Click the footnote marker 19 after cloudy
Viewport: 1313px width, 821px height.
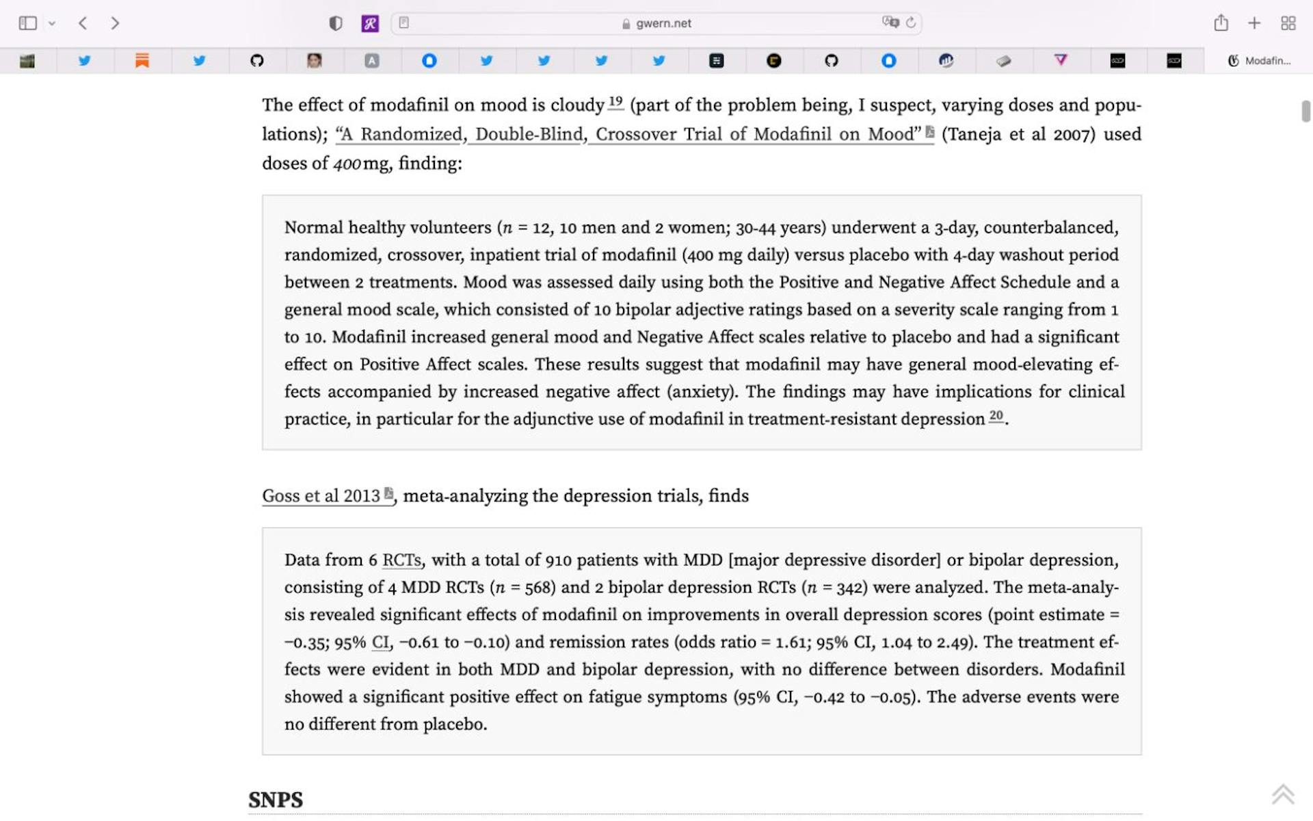(615, 103)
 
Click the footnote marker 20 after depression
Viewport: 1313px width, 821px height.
(996, 416)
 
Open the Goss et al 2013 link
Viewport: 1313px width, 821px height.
(321, 496)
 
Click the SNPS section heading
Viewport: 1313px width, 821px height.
(276, 800)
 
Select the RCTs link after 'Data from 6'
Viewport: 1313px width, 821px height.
(401, 560)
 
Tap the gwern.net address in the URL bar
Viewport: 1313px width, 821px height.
(663, 23)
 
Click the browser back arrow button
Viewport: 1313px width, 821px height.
(83, 23)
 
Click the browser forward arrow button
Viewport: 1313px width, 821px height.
(115, 23)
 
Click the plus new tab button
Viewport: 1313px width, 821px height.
(1254, 23)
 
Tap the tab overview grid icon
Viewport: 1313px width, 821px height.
(1288, 23)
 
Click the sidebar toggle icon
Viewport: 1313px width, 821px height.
(27, 23)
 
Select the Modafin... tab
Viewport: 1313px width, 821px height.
(1259, 61)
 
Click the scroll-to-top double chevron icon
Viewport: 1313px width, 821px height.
(1283, 794)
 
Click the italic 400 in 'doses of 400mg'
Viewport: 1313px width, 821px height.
(347, 164)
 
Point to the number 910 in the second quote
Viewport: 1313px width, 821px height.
(558, 560)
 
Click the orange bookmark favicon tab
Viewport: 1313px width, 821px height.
(142, 61)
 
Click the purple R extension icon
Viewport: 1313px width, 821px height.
(370, 24)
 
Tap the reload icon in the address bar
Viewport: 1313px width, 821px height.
(911, 23)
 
